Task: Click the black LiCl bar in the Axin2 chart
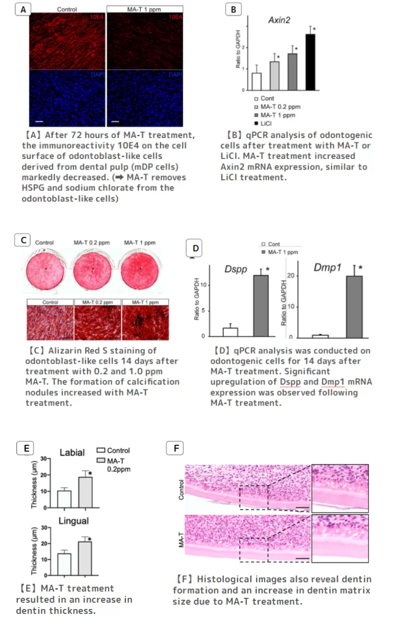coord(310,62)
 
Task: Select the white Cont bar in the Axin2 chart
coord(256,81)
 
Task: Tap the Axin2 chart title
coord(279,20)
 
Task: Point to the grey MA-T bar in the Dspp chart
coord(261,306)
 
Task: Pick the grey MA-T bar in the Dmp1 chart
coord(354,307)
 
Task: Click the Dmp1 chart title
coord(327,267)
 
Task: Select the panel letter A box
coord(23,10)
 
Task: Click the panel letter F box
coord(174,448)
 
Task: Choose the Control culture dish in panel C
coord(45,270)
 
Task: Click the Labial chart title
coord(72,453)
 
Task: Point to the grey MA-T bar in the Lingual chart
coord(85,558)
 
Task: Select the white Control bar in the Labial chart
coord(64,499)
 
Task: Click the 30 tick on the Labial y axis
coord(44,459)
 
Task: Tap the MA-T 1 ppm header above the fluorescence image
coord(144,9)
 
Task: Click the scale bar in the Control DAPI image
coord(39,122)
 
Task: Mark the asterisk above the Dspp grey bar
coord(268,269)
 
